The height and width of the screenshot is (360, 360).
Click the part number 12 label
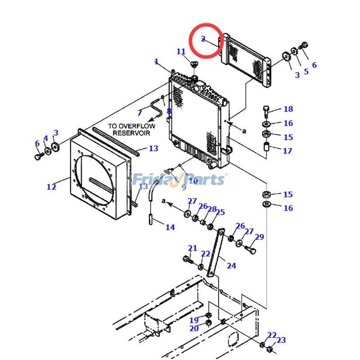tap(51, 187)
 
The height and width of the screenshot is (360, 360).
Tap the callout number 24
tap(231, 265)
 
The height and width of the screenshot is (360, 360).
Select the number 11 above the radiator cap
tap(181, 52)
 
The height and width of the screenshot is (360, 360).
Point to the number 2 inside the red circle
tap(203, 39)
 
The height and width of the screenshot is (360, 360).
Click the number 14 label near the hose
tap(170, 227)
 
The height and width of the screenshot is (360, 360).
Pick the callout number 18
tap(288, 109)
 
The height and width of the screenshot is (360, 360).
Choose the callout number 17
tap(287, 151)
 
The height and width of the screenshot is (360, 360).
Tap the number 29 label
tap(259, 237)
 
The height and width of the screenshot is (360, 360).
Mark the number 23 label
tap(281, 340)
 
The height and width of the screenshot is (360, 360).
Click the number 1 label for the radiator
tap(156, 61)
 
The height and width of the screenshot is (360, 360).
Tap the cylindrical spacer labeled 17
tap(266, 147)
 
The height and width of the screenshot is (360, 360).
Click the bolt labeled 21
tap(188, 259)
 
